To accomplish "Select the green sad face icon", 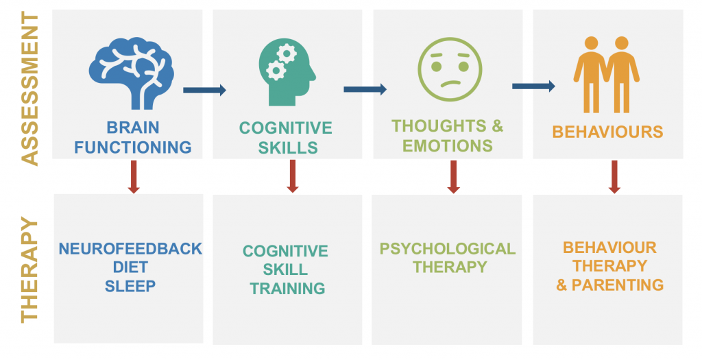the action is point(450,69).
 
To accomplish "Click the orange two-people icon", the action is point(606,74).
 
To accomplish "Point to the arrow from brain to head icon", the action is point(204,90).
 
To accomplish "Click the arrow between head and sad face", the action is point(365,89).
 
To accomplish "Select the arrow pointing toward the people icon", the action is point(533,86).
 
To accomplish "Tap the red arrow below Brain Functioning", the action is point(134,177).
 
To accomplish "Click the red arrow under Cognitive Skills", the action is point(292,176).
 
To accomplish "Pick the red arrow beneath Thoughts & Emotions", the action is point(454,177).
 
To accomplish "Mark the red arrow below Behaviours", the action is point(614,177).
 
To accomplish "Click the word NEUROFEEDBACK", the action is point(130,249).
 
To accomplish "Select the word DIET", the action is point(130,267).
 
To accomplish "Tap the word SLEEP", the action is point(130,286).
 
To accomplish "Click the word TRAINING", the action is point(287,289).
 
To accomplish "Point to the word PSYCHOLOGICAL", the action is point(448,249).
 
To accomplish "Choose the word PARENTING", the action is point(618,285).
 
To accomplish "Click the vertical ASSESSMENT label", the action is point(29,88).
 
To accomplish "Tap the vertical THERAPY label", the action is point(29,269).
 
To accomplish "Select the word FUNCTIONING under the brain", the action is point(133,147).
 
